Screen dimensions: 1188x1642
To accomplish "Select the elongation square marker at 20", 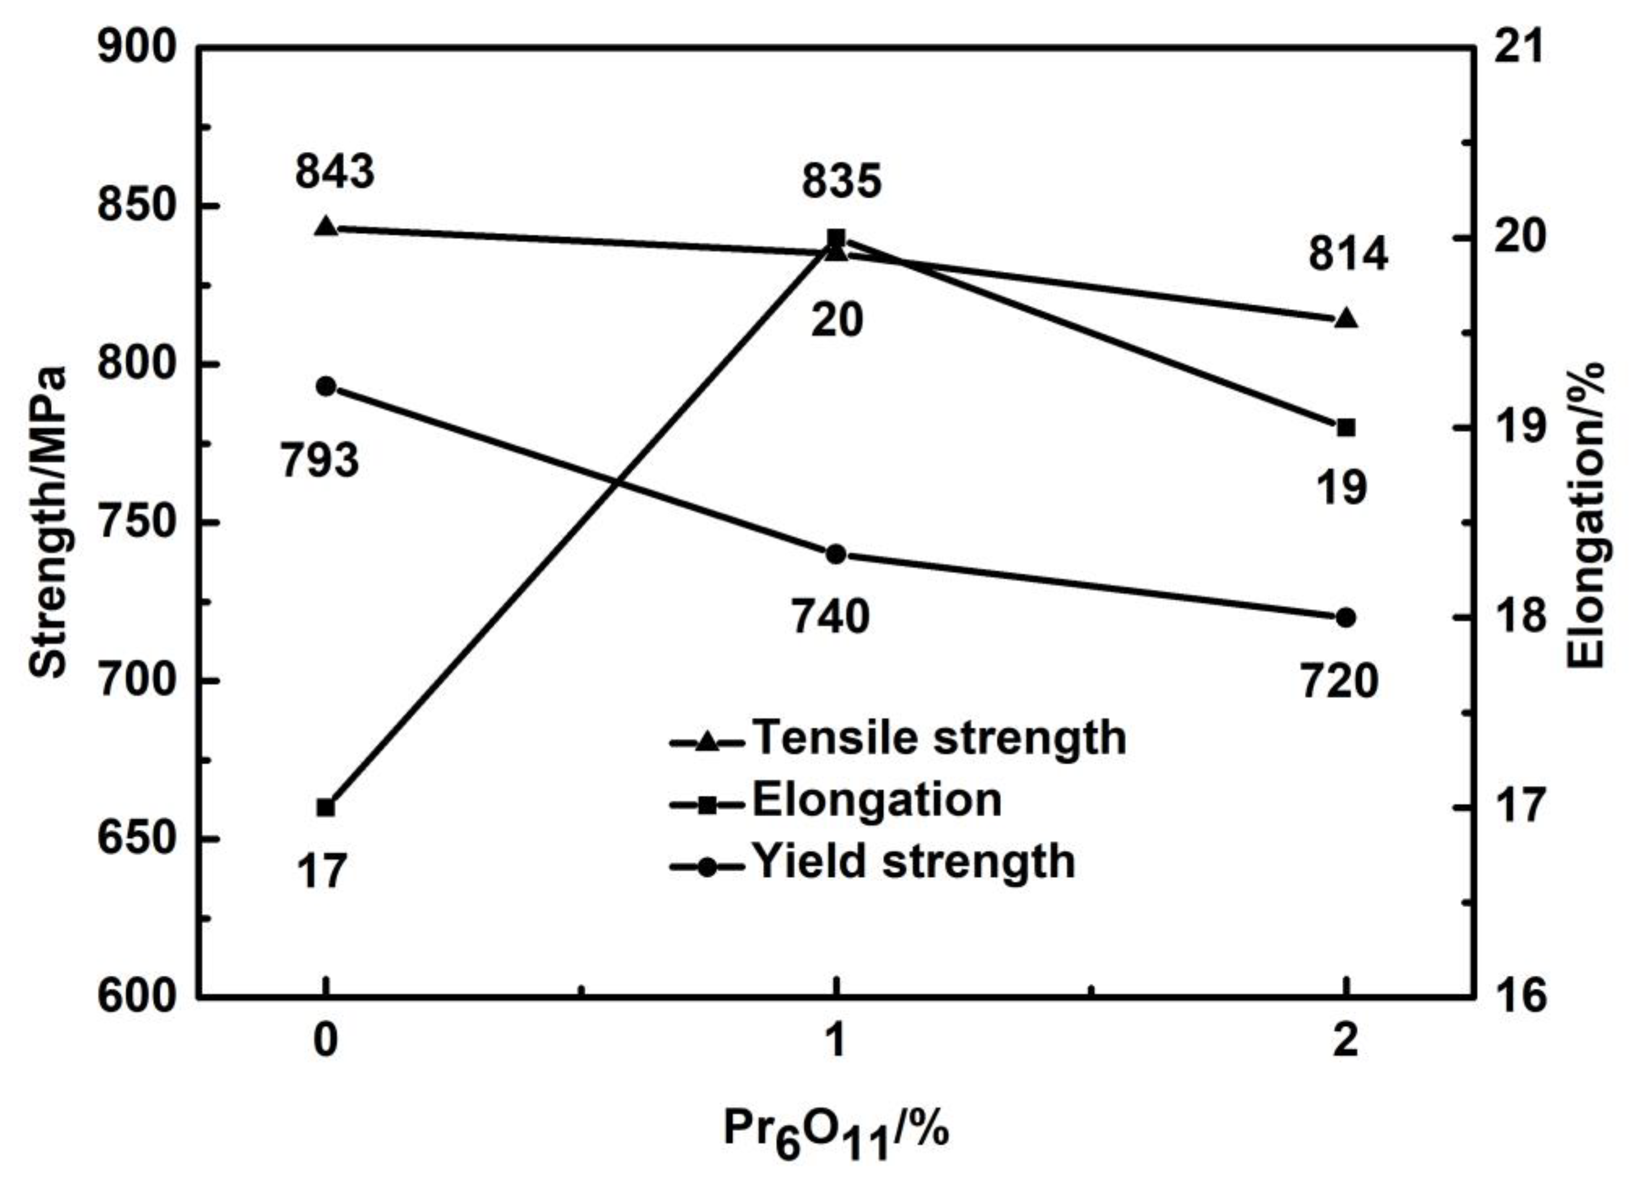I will click(x=836, y=239).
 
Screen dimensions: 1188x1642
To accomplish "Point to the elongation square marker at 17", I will click(x=326, y=807).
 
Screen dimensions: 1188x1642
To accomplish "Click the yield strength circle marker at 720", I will click(x=1346, y=618).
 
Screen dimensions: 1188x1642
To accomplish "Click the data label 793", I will click(x=320, y=460).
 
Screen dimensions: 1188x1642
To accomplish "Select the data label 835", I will click(x=841, y=181).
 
